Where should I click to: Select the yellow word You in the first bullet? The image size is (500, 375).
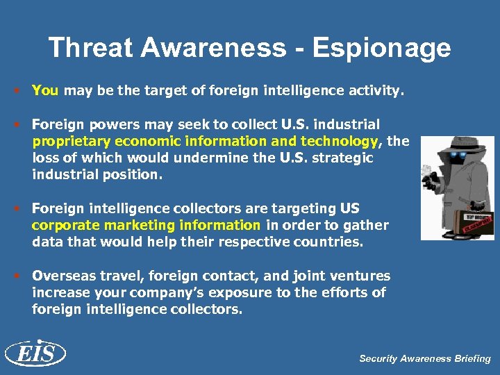pos(45,90)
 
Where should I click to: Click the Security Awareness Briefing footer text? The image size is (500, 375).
pos(424,359)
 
